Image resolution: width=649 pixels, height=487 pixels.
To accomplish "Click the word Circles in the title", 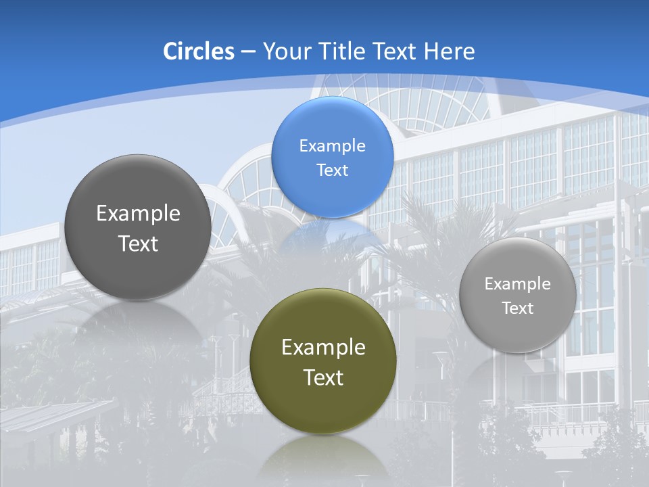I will click(199, 51).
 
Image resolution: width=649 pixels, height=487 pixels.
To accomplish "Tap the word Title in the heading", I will click(342, 51).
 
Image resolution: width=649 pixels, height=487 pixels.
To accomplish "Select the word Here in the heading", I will click(450, 51).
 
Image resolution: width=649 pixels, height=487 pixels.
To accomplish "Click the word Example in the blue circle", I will click(332, 146).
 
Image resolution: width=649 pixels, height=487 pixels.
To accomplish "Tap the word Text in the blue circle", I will click(332, 170).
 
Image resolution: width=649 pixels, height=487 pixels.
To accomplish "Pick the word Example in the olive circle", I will click(323, 348).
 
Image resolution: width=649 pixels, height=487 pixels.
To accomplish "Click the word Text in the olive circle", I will click(323, 377).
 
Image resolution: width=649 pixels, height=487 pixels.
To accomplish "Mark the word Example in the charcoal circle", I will click(138, 214).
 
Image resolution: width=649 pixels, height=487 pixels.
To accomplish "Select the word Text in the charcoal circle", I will click(138, 243).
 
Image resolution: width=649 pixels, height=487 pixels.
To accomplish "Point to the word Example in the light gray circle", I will click(518, 284).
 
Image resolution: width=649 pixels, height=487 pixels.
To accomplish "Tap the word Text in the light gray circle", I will click(518, 308).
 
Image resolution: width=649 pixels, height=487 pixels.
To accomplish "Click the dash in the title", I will click(248, 51).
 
